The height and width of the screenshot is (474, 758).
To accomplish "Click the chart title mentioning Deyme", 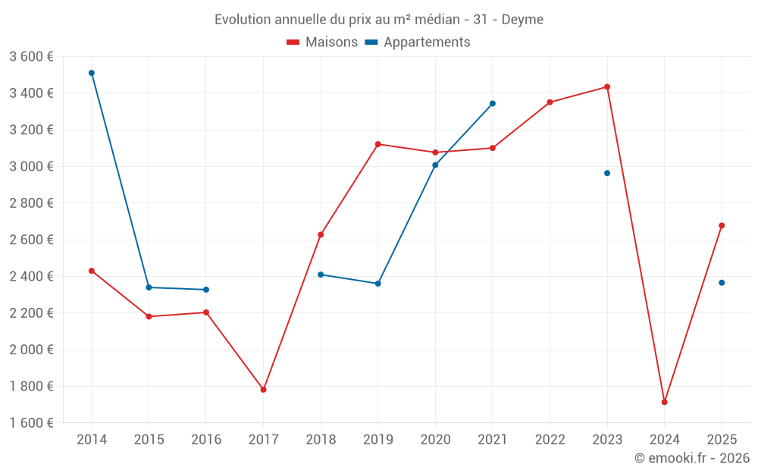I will coord(378,19).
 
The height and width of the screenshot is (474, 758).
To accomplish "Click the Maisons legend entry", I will coord(322,42).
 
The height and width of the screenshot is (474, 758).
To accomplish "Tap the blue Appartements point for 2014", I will coord(92,73).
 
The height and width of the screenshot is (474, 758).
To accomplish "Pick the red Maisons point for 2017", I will coord(263,390).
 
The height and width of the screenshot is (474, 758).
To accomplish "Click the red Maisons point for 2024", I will coord(664,402).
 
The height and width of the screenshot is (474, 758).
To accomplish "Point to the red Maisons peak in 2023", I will coord(607,86).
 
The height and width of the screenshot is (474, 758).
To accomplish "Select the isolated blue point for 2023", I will coord(607,173).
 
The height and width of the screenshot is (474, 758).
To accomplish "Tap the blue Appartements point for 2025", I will coord(722,283).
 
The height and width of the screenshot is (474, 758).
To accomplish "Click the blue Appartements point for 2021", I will coord(493,103).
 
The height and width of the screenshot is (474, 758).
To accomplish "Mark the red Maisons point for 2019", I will coord(378,144).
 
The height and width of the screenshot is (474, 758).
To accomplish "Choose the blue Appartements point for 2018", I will coord(321,275).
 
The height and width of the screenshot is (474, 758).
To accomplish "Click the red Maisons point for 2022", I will coord(550,102).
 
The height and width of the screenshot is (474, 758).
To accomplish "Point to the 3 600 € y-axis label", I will coord(31,56).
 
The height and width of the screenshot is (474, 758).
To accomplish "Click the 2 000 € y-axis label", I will coord(31,350).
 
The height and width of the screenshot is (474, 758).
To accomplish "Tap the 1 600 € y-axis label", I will coord(31,423).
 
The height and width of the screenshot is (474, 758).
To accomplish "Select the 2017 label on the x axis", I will coord(263,439).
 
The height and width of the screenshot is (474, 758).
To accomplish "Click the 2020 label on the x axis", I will coord(435,439).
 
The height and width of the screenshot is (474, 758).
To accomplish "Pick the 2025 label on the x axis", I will coord(722,439).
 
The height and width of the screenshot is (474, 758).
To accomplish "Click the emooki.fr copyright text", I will coord(691,458).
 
